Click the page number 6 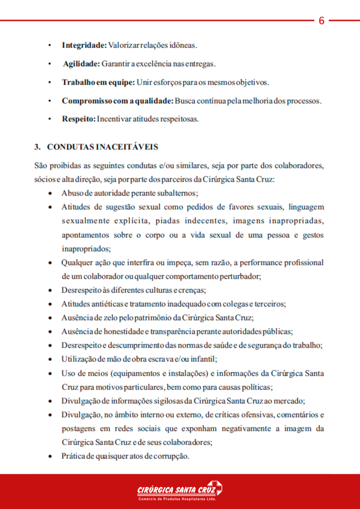click(x=321, y=21)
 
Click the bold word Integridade click(x=84, y=45)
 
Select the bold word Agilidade click(x=81, y=64)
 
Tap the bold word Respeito click(x=79, y=119)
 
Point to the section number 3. click(x=37, y=147)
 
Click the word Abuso click(x=72, y=192)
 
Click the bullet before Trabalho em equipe click(x=50, y=82)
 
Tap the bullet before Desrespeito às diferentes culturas click(x=50, y=290)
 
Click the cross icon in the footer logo click(x=215, y=488)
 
